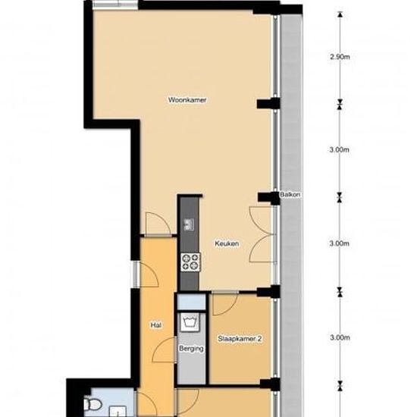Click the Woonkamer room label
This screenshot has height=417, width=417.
[x=187, y=100]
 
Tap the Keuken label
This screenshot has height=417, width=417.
[x=227, y=243]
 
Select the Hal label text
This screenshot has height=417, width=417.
[x=156, y=325]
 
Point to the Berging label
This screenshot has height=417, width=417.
[x=191, y=349]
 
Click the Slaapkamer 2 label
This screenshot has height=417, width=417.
[x=240, y=339]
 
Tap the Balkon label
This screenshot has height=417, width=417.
[x=290, y=194]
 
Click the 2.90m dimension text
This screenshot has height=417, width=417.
[x=340, y=57]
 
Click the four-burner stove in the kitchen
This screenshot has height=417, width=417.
[x=190, y=262]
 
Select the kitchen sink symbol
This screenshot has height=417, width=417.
[x=189, y=224]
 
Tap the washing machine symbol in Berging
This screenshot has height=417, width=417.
[x=190, y=322]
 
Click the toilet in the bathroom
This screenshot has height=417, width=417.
[x=92, y=405]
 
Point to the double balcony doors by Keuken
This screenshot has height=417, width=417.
[x=262, y=234]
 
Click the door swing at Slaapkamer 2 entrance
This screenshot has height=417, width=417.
[x=225, y=304]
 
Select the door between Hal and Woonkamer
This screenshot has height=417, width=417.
[x=158, y=224]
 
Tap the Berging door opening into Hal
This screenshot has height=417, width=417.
[x=165, y=350]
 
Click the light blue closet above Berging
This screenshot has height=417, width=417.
[x=192, y=302]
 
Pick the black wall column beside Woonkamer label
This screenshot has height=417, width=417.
[x=268, y=103]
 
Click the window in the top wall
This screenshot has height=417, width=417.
[x=115, y=4]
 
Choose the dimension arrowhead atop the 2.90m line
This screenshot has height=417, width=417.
[x=340, y=14]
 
